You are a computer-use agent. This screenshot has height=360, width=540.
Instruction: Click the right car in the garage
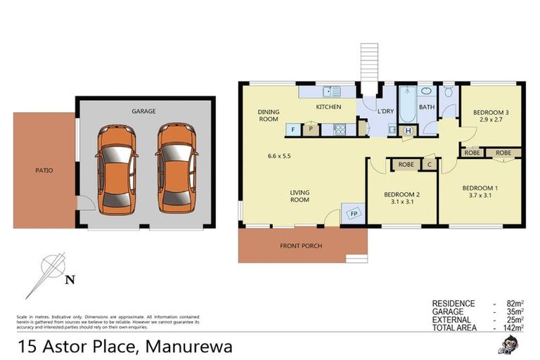(x=174, y=169)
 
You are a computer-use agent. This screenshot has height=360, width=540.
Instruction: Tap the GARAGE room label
(x=143, y=111)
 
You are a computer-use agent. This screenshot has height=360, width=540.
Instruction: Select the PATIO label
(x=44, y=170)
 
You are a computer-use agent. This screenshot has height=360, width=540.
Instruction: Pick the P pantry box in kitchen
(x=310, y=129)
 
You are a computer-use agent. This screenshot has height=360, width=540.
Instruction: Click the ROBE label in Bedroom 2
(x=406, y=165)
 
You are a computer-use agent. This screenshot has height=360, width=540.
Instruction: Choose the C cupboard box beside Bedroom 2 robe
(x=429, y=165)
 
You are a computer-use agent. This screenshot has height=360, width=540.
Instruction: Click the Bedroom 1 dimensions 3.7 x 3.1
(x=481, y=198)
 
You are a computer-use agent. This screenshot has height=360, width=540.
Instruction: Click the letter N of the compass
(x=69, y=280)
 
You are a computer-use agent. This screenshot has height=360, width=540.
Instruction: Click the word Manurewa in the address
(x=189, y=347)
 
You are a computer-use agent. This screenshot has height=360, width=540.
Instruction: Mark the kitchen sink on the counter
(x=330, y=91)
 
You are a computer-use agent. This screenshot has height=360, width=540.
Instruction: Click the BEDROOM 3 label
(x=491, y=112)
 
